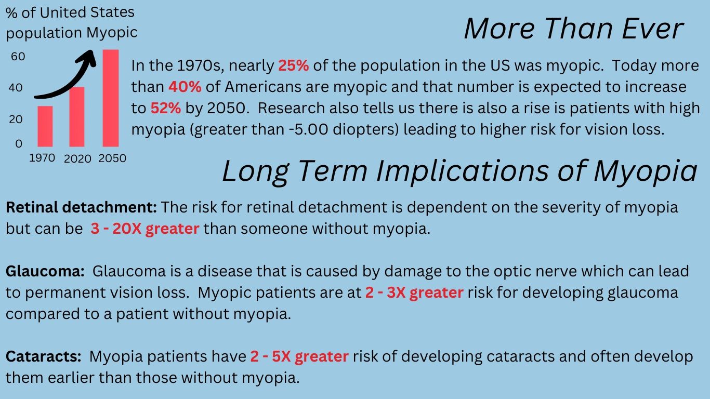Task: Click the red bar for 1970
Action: pyautogui.click(x=45, y=126)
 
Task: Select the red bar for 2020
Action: pyautogui.click(x=77, y=116)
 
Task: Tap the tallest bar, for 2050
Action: pyautogui.click(x=111, y=98)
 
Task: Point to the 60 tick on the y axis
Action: pyautogui.click(x=18, y=57)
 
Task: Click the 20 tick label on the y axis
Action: pyautogui.click(x=16, y=119)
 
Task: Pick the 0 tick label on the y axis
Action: pyautogui.click(x=19, y=144)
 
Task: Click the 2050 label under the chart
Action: pyautogui.click(x=112, y=158)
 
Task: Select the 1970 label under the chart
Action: pyautogui.click(x=42, y=157)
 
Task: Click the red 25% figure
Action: pyautogui.click(x=294, y=65)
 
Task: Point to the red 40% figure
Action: pyautogui.click(x=185, y=87)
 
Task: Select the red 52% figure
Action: pyautogui.click(x=165, y=108)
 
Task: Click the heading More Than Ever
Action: pyautogui.click(x=573, y=29)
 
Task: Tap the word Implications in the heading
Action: pyautogui.click(x=463, y=171)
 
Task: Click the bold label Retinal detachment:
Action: pyautogui.click(x=81, y=207)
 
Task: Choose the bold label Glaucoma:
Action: pyautogui.click(x=45, y=271)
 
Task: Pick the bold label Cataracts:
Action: pyautogui.click(x=44, y=356)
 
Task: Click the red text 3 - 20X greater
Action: pyautogui.click(x=145, y=229)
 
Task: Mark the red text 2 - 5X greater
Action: pyautogui.click(x=299, y=356)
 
